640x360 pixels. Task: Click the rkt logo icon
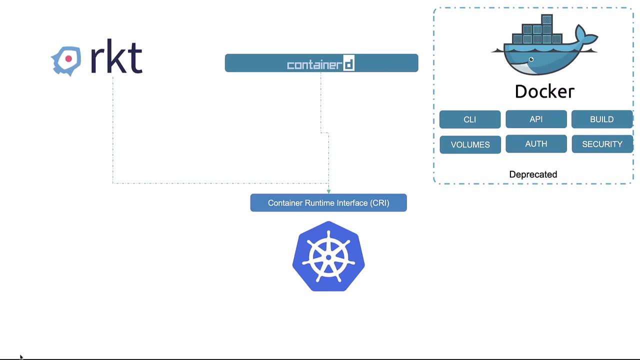click(66, 60)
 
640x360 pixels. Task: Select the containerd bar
click(321, 63)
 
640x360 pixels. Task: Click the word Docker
click(544, 91)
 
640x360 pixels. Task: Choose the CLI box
click(469, 119)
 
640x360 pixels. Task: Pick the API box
click(536, 119)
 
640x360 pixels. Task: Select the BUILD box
click(601, 119)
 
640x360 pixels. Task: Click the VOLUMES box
click(470, 144)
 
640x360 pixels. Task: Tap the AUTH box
click(536, 144)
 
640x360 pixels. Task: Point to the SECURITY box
click(602, 144)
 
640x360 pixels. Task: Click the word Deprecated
click(533, 174)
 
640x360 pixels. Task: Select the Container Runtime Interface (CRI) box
click(328, 203)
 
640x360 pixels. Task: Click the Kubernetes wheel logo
click(328, 256)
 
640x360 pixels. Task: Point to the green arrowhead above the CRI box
click(328, 191)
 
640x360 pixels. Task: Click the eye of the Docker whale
click(531, 60)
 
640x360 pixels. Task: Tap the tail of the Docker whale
click(586, 36)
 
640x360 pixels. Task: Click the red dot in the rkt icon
click(68, 59)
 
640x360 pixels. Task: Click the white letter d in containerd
click(349, 64)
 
